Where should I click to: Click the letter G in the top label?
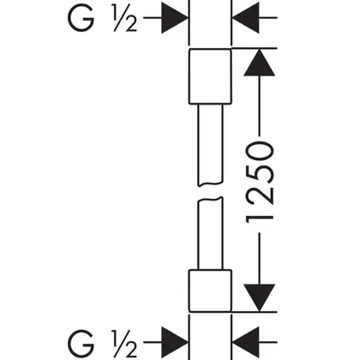coord(81,18)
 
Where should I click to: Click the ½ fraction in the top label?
coord(125,18)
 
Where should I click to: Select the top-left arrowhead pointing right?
coord(175,18)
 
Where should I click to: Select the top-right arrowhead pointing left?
coord(246,18)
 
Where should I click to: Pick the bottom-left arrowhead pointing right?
coord(175,342)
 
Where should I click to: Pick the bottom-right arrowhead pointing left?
coord(246,342)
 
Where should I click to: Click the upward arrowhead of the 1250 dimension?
coord(259,63)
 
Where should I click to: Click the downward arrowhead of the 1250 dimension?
coord(259,297)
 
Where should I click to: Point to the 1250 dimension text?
coord(260,183)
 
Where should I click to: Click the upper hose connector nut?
coord(210,76)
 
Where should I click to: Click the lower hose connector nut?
coord(210,291)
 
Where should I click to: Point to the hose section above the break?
coord(210,144)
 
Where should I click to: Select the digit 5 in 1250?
coord(260,175)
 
